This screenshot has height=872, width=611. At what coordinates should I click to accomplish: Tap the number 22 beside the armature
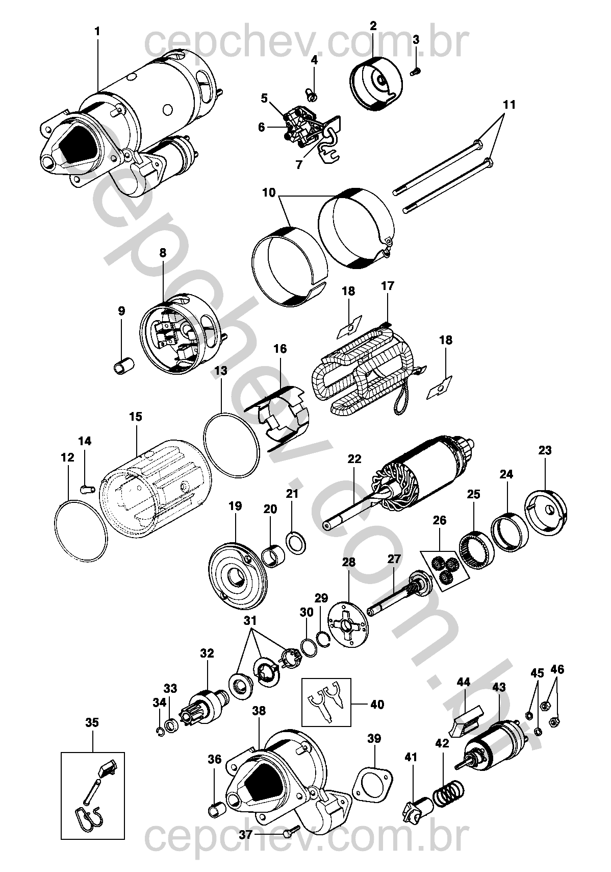pos(354,459)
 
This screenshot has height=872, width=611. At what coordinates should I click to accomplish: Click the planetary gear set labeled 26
pos(444,569)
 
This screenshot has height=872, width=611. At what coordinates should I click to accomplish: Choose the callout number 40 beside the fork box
pos(377,705)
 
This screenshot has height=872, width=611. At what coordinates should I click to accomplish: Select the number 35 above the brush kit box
pos(92,722)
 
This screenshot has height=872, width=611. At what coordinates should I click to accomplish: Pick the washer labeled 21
pos(296,543)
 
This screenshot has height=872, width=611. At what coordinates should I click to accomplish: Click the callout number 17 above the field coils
pos(388,285)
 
